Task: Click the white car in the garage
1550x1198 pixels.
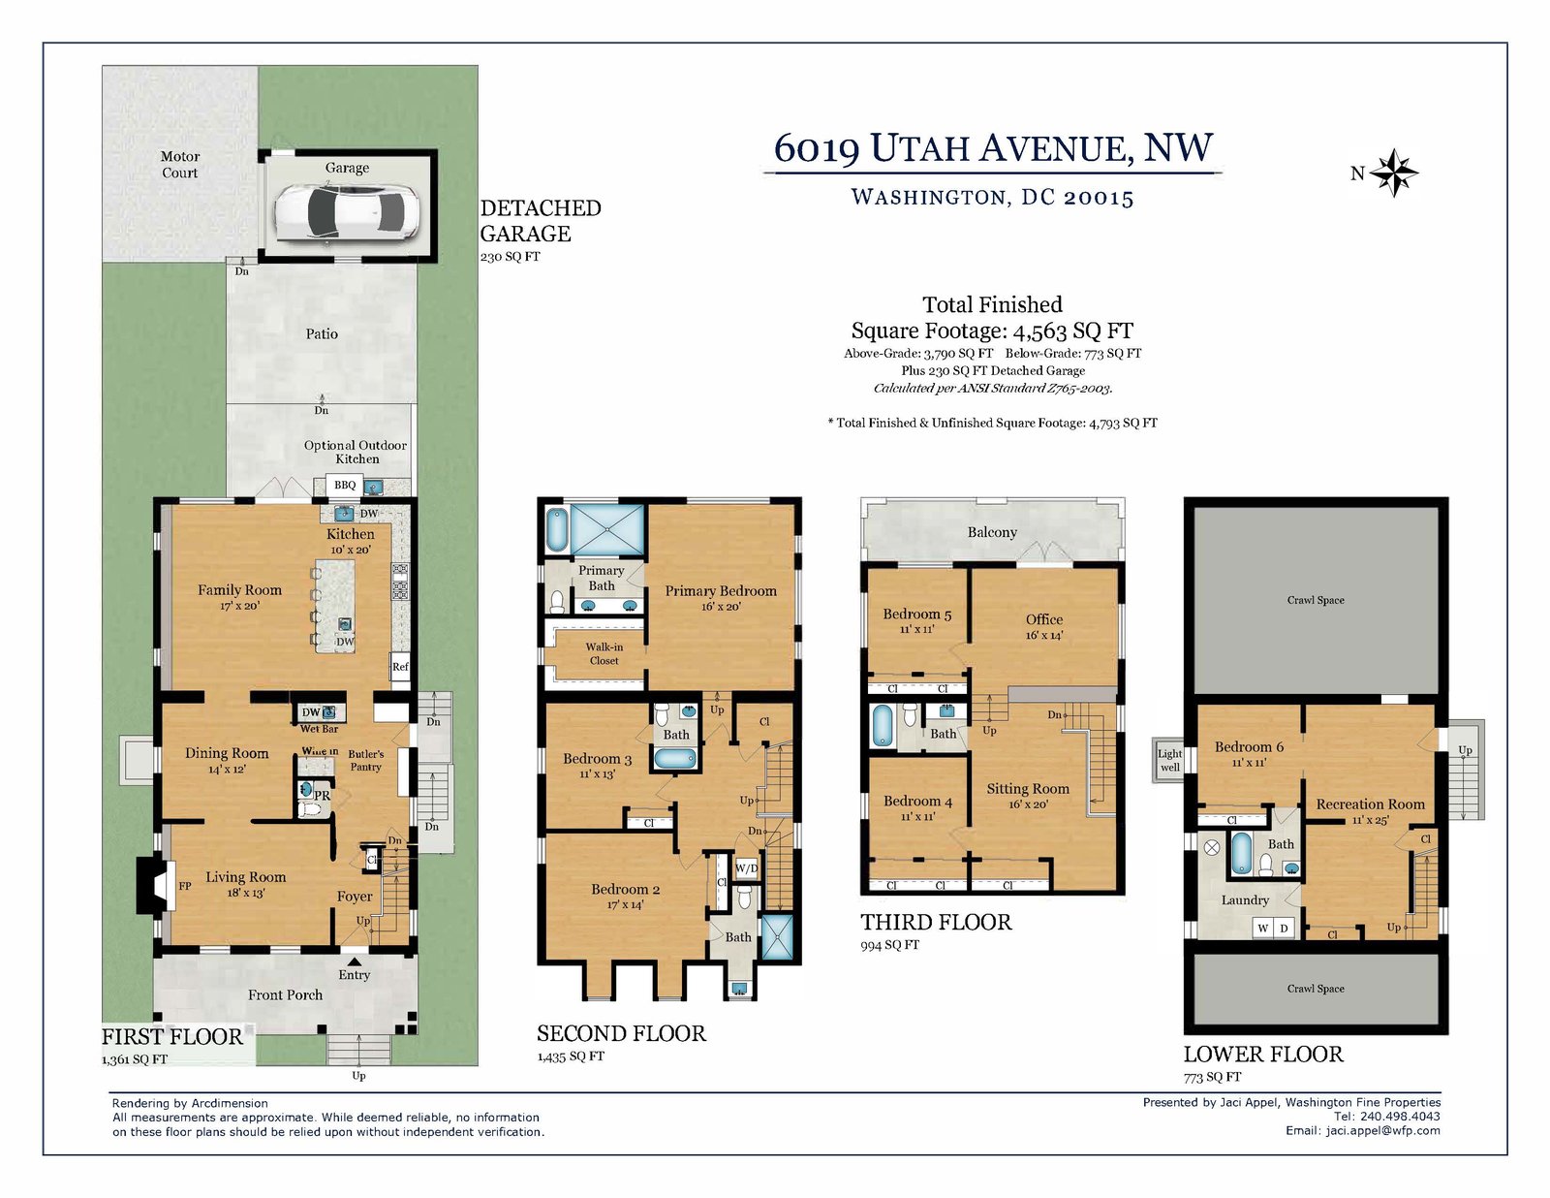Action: click(348, 212)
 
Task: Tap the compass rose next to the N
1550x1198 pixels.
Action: click(1394, 173)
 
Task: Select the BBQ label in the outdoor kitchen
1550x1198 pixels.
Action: click(345, 486)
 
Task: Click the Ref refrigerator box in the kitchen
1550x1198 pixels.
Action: click(400, 667)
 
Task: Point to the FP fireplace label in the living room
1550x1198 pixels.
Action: click(185, 886)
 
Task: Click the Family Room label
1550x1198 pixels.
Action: click(239, 590)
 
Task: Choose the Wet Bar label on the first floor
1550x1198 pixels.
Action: click(320, 729)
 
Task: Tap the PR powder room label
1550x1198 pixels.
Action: click(323, 795)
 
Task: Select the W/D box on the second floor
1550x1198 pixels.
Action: click(747, 868)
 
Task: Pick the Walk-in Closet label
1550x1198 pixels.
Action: click(604, 653)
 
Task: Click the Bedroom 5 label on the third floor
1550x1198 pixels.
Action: click(917, 615)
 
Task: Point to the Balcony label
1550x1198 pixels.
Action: click(992, 532)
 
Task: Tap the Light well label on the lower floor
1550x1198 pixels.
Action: click(1170, 760)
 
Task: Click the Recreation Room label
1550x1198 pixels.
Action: click(1370, 804)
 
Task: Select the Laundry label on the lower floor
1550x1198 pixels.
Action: click(1245, 900)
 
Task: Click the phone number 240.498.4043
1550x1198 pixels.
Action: click(1400, 1116)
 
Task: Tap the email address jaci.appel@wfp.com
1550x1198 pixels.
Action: click(1383, 1130)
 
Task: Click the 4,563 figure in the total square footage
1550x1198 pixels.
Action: click(1039, 331)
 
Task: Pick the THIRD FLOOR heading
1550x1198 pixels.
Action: click(936, 922)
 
